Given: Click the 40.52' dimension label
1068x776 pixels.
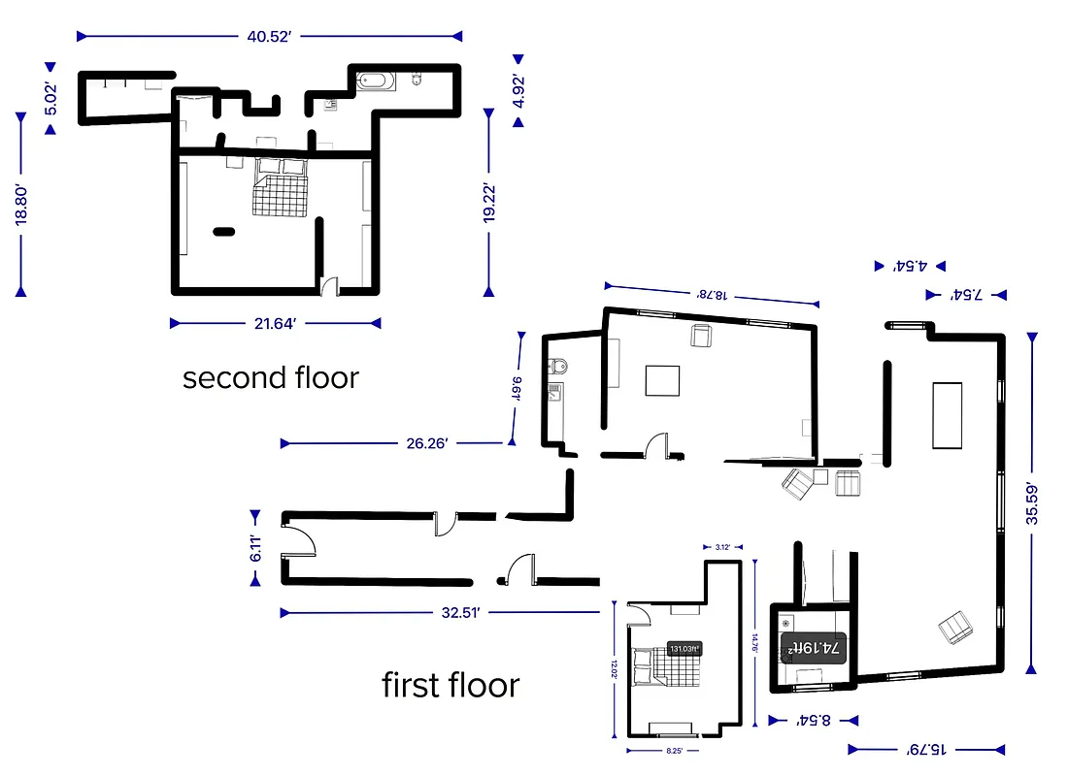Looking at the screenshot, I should click(269, 37).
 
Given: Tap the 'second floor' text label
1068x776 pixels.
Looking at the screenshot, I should click(270, 377).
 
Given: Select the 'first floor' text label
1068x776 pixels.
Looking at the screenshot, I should click(451, 685).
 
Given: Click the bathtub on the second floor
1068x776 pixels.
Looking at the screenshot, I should click(376, 81).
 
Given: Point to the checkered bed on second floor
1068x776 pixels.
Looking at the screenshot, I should click(281, 189).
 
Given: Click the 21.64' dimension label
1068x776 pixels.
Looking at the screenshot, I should click(274, 323).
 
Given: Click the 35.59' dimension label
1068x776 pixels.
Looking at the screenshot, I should click(1032, 504).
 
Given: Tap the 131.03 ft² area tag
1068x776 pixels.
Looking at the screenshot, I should click(684, 649).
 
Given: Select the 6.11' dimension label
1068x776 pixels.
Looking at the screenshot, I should click(256, 549).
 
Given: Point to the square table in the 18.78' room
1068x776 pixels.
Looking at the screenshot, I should click(664, 379).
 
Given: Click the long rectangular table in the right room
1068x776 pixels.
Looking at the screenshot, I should click(948, 414).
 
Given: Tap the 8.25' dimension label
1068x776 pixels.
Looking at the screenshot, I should click(675, 751).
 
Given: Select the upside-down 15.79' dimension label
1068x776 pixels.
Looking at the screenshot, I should click(927, 749).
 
